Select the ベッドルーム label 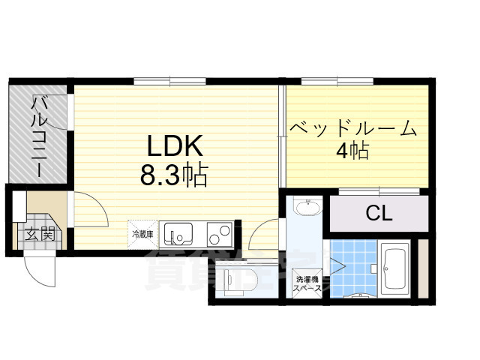coord(354,129)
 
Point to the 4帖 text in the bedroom coord(352,151)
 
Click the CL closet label coord(379,213)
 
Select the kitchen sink coord(179,235)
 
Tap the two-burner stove coord(220,235)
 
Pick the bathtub coord(394,268)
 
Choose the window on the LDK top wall coord(169,80)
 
